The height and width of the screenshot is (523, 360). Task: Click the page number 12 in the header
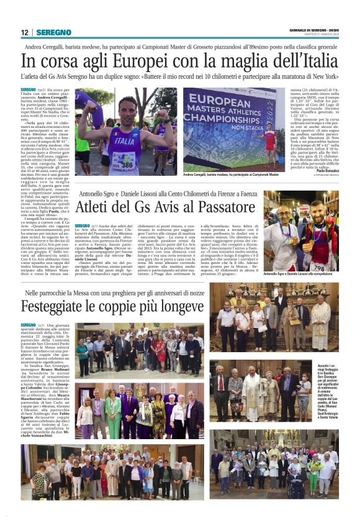coord(25,32)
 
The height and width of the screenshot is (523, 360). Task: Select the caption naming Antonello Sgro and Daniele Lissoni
coord(300,274)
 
